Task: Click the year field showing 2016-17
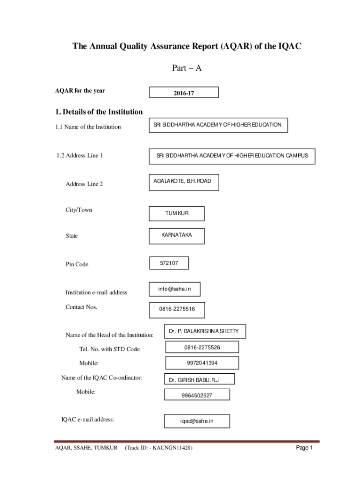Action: tap(184, 93)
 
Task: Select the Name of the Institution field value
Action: tap(217, 125)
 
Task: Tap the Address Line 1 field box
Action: tap(232, 156)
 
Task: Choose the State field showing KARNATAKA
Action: tap(176, 235)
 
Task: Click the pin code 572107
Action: tap(169, 263)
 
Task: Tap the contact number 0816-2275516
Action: tap(177, 309)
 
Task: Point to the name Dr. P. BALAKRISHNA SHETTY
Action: tap(204, 331)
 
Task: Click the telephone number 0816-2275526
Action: tap(202, 347)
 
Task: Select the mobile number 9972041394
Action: tap(202, 363)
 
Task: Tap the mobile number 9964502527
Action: tap(197, 395)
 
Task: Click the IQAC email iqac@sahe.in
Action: tap(197, 421)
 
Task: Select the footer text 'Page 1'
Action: tap(304, 448)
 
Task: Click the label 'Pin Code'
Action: tap(77, 264)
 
